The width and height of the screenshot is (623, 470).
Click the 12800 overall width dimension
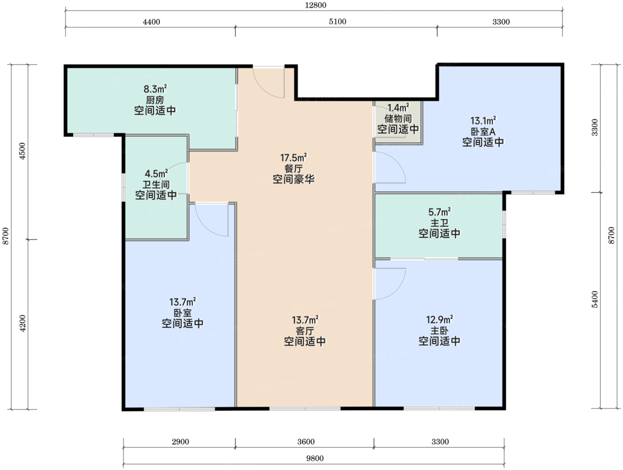coord(316,5)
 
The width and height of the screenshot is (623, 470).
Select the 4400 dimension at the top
coord(151,21)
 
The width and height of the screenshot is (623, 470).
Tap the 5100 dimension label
coord(337,21)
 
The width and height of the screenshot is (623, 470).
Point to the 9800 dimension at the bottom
coord(315,458)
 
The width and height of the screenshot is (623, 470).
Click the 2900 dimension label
coord(180,442)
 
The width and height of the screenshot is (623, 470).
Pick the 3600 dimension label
coord(306,442)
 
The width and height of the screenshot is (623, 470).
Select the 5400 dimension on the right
coord(595,299)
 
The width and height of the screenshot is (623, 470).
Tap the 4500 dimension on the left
coord(22,151)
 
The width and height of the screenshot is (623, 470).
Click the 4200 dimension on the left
coord(22,323)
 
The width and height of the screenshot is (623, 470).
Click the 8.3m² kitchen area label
coord(155,89)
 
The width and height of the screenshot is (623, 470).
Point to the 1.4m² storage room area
coord(398,108)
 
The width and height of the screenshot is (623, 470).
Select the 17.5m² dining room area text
coord(293,157)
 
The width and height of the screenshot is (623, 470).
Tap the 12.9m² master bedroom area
coord(439,320)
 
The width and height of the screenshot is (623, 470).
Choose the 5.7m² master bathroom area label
coord(439,212)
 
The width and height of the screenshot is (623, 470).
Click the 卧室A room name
coord(483,131)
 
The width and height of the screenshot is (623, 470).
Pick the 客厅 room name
coord(305,331)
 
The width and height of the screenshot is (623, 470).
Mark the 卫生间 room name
coord(156,184)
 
